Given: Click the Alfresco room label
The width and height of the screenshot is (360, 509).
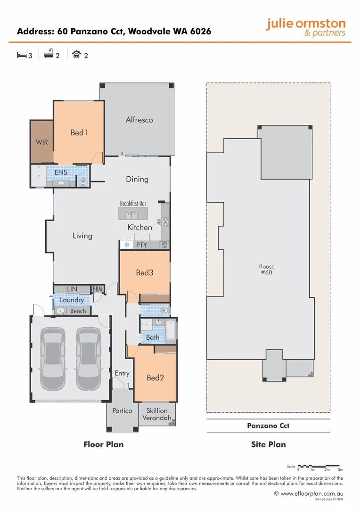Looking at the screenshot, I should click(139, 120).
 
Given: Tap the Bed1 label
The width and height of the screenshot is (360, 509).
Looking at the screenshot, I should click(79, 132).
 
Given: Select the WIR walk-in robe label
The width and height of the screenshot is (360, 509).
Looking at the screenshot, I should click(42, 142).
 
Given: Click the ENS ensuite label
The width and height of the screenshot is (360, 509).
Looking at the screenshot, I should click(61, 172).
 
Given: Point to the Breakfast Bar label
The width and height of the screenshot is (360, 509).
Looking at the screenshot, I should click(133, 204).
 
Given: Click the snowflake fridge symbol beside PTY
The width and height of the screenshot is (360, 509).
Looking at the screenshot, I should click(126, 245).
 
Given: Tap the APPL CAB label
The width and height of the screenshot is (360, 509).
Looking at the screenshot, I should click(164, 245).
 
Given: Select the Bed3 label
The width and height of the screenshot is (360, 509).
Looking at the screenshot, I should click(145, 272).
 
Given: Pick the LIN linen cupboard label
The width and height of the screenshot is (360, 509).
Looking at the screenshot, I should click(72, 289).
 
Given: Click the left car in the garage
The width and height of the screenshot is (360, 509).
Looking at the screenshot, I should click(53, 359).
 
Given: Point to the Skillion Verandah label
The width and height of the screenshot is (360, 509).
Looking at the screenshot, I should click(156, 414).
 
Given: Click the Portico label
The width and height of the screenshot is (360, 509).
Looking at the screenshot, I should click(122, 410).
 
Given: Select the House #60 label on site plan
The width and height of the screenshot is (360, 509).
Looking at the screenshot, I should click(266, 269).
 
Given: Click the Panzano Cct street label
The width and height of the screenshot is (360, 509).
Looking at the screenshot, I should click(268, 426).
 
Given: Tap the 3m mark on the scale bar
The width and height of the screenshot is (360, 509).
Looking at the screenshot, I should click(340, 470).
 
